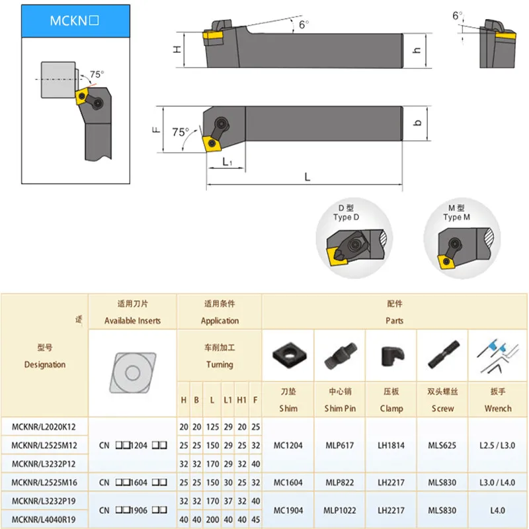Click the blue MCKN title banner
[x=75, y=20]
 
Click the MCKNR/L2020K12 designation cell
[x=44, y=427]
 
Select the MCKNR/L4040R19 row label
[x=44, y=519]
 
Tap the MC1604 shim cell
[x=288, y=483]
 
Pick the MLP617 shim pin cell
[x=340, y=445]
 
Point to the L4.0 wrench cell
[x=498, y=510]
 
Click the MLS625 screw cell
[x=442, y=445]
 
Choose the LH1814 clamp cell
[x=391, y=445]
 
